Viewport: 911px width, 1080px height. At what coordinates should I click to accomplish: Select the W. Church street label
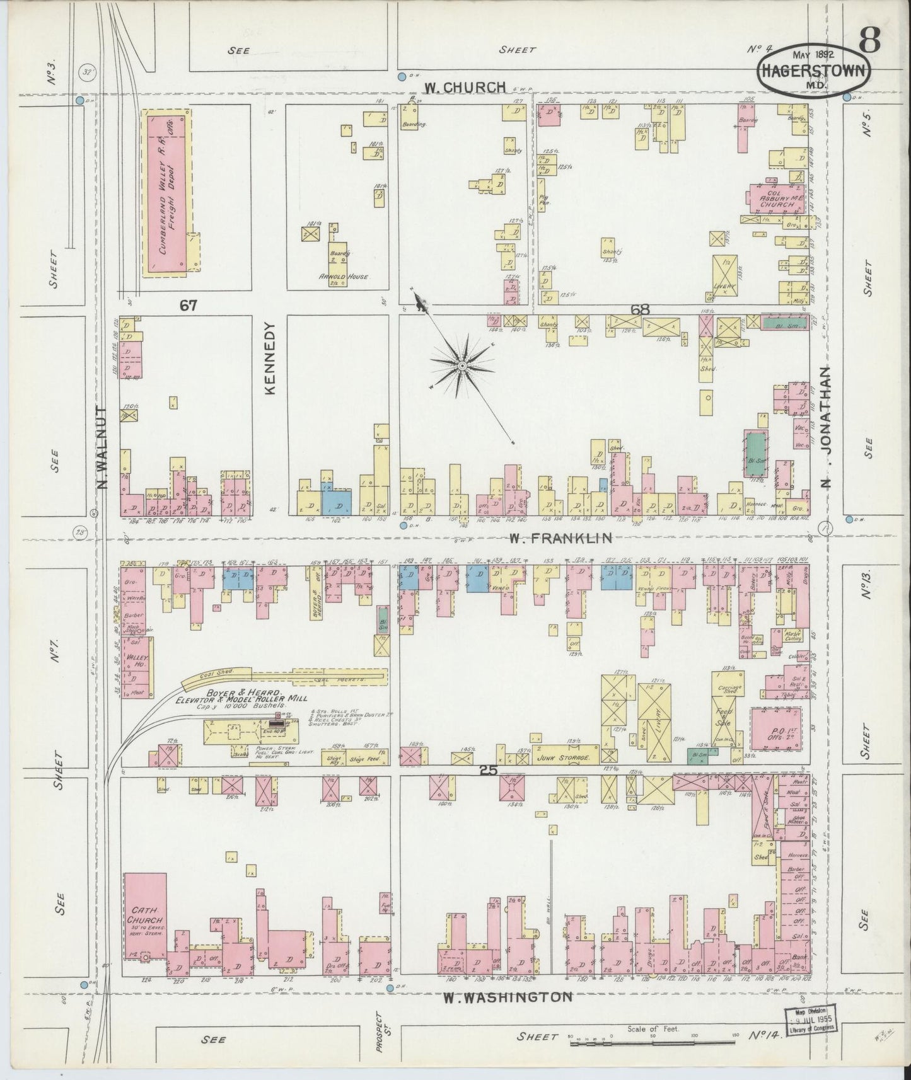tap(465, 88)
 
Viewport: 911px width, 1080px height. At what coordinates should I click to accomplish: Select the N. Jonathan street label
tap(827, 428)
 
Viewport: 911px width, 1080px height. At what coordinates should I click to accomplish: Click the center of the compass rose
tap(462, 366)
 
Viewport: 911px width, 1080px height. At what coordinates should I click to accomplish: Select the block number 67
tap(188, 306)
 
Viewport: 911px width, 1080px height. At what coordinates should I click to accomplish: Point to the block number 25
tap(489, 770)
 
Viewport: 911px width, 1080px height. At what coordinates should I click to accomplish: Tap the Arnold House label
tap(343, 276)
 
